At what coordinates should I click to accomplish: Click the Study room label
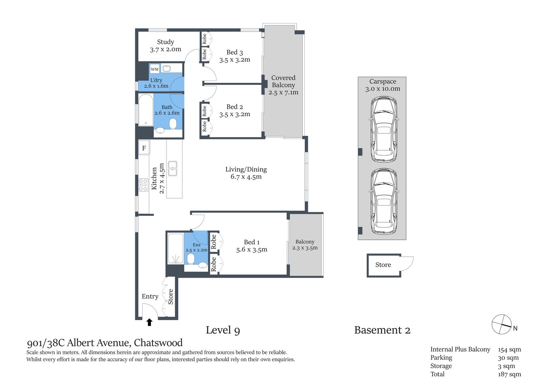[x=165, y=42]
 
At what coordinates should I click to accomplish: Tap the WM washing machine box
[x=154, y=69]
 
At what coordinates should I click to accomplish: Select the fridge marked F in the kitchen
[x=144, y=148]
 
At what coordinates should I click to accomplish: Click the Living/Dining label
[x=246, y=169]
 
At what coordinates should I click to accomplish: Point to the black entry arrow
[x=149, y=322]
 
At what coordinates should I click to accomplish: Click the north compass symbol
[x=502, y=324]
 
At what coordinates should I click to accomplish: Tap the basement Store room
[x=383, y=265]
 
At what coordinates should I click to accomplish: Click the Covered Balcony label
[x=283, y=81]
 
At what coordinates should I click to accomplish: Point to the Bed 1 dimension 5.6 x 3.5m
[x=251, y=250]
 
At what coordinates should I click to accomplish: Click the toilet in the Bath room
[x=173, y=123]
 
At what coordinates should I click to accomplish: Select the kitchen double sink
[x=173, y=169]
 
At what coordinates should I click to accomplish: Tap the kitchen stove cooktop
[x=143, y=185]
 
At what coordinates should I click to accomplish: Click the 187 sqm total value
[x=509, y=374]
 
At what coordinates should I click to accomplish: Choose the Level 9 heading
[x=223, y=330]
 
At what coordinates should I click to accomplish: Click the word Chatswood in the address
[x=158, y=343]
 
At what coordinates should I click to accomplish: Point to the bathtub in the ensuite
[x=175, y=249]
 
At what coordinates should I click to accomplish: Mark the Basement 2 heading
[x=382, y=330]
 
